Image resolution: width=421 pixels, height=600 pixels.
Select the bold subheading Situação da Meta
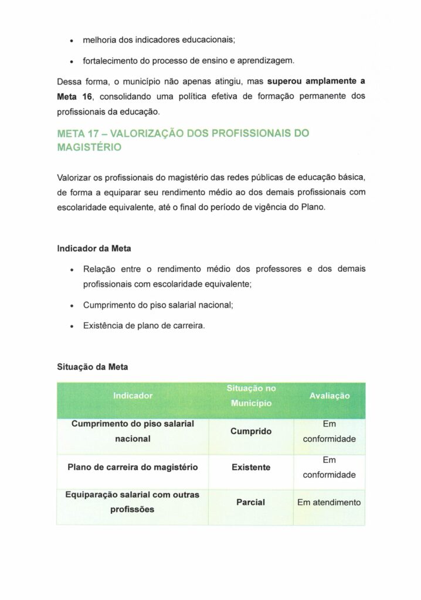(x=92, y=367)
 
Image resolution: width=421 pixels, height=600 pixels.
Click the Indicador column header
(x=133, y=396)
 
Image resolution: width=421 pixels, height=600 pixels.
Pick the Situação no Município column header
(x=251, y=396)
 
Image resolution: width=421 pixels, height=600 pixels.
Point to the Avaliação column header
(x=329, y=396)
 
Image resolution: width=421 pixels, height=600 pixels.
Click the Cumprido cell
(x=251, y=431)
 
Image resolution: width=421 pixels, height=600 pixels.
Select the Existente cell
(x=251, y=468)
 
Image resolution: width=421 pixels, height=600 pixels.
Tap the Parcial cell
(x=251, y=502)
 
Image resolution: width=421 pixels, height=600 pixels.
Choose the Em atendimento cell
(x=329, y=502)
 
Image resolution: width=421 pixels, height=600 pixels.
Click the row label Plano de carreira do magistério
(x=133, y=468)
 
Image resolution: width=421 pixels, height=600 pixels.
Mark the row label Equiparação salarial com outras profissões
(x=133, y=502)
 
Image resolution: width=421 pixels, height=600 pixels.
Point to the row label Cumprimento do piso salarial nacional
(x=133, y=431)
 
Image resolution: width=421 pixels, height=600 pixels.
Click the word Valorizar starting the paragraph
(x=74, y=177)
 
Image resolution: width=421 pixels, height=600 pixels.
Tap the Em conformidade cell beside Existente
(x=329, y=468)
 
